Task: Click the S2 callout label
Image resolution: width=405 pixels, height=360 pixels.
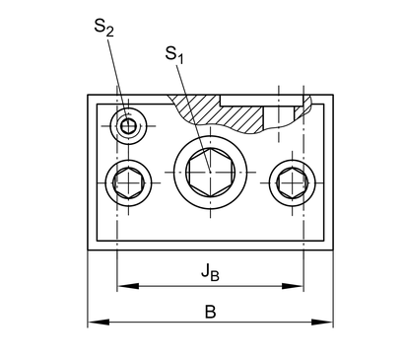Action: tap(103, 27)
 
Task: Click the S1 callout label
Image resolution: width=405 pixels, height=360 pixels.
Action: tap(174, 54)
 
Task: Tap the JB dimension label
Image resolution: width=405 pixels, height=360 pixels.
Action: tap(210, 272)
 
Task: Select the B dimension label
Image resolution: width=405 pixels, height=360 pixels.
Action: tap(210, 312)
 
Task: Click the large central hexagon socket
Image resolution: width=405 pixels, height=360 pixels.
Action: tap(210, 172)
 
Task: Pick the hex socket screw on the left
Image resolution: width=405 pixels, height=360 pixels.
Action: tap(128, 182)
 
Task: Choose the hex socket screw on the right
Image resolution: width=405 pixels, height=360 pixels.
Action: tap(293, 182)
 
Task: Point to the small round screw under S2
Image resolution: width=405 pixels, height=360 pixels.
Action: tap(128, 126)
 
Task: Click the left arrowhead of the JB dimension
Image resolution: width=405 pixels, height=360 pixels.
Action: tap(128, 286)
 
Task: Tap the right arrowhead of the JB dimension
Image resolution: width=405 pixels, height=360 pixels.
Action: tap(293, 286)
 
